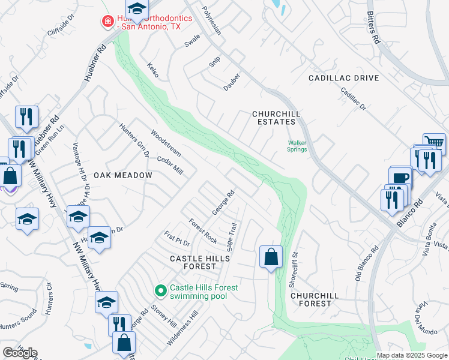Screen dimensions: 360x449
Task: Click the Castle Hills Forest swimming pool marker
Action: tap(160, 291)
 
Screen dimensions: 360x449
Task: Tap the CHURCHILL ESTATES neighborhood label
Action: tap(276, 118)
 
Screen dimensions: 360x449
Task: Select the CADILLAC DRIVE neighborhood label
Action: tap(344, 78)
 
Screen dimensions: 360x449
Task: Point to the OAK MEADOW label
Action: tap(122, 175)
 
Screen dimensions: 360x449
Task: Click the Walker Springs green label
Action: tap(297, 146)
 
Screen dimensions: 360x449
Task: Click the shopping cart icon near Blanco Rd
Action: tap(435, 143)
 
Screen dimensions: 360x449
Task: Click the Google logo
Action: tap(20, 352)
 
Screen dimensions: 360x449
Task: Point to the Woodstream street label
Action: tap(166, 142)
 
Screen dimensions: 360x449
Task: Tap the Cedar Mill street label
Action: tap(169, 166)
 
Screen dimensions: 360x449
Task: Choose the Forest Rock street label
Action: tap(203, 230)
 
